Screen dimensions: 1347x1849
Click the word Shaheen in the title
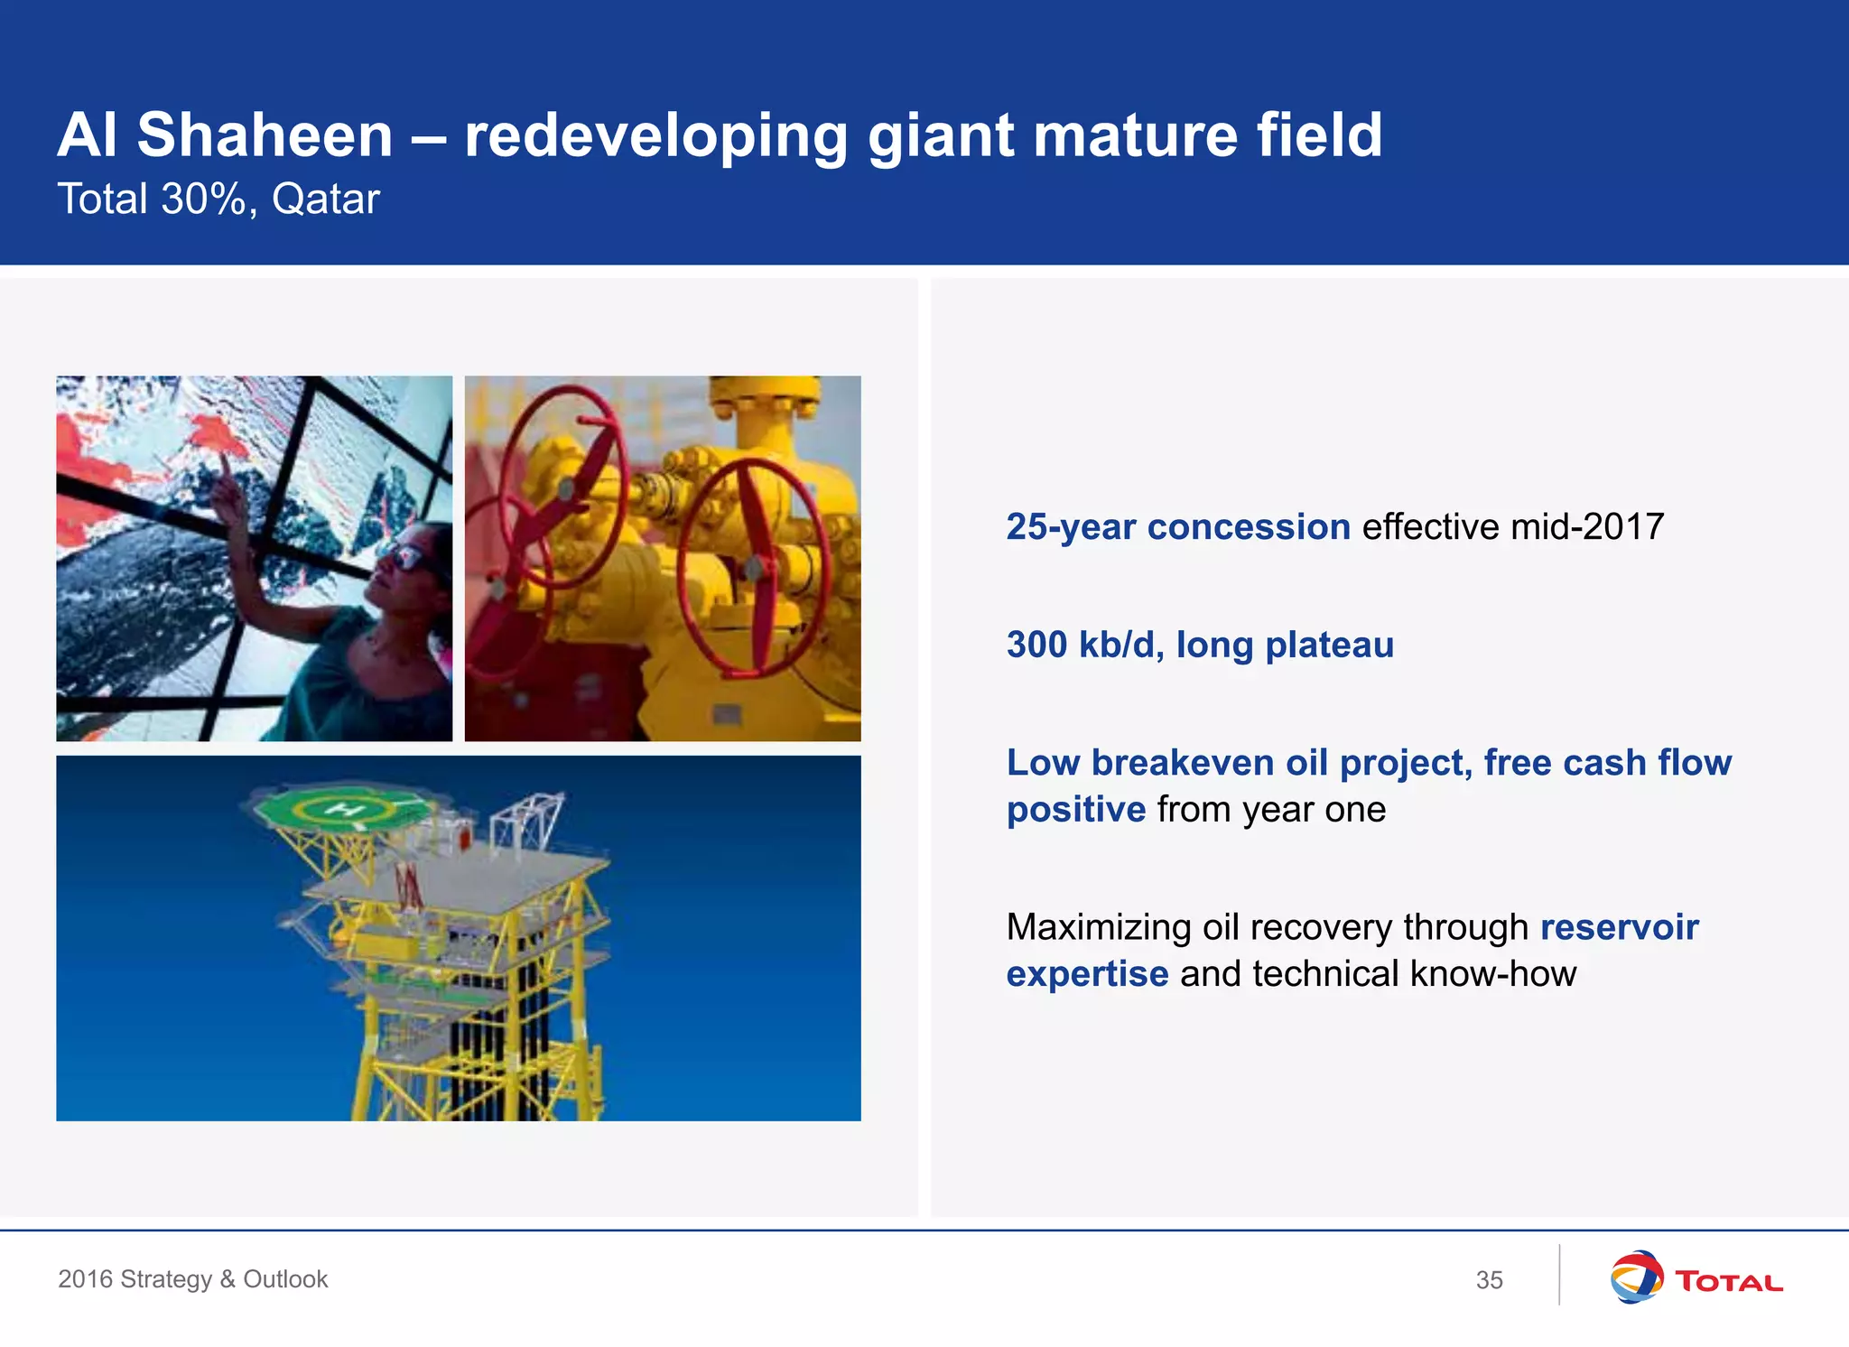[x=265, y=135]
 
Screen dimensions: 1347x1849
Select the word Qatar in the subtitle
[x=325, y=199]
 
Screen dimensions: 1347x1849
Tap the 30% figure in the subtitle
[x=202, y=199]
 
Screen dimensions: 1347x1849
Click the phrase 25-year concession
[x=1177, y=526]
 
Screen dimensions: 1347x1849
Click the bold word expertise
[x=1087, y=974]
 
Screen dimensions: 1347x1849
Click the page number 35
[x=1489, y=1280]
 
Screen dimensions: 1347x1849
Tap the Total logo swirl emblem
[x=1635, y=1277]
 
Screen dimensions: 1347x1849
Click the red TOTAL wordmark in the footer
[x=1728, y=1281]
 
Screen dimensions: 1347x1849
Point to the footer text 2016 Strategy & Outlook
[x=192, y=1279]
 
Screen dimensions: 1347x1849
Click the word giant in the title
[x=941, y=135]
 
